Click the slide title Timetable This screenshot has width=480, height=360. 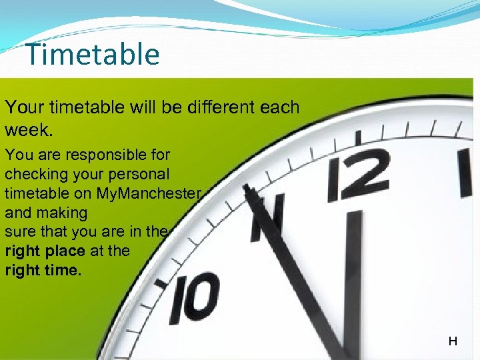[93, 55]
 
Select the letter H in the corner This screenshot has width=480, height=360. [453, 341]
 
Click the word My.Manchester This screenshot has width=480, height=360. [148, 193]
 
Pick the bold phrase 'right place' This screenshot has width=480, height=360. [45, 252]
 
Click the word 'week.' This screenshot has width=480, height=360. [27, 127]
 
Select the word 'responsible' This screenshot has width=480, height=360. [94, 155]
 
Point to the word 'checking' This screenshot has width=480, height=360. [36, 175]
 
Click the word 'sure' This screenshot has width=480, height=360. [19, 233]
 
